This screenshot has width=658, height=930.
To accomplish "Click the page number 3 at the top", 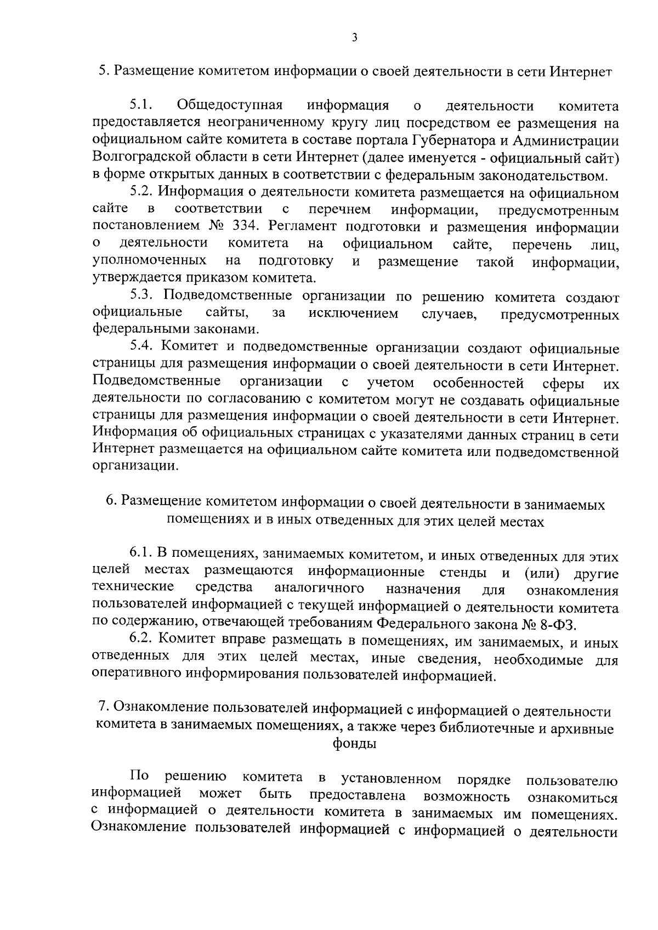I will pyautogui.click(x=354, y=37).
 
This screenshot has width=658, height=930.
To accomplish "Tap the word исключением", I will pyautogui.click(x=353, y=314).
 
